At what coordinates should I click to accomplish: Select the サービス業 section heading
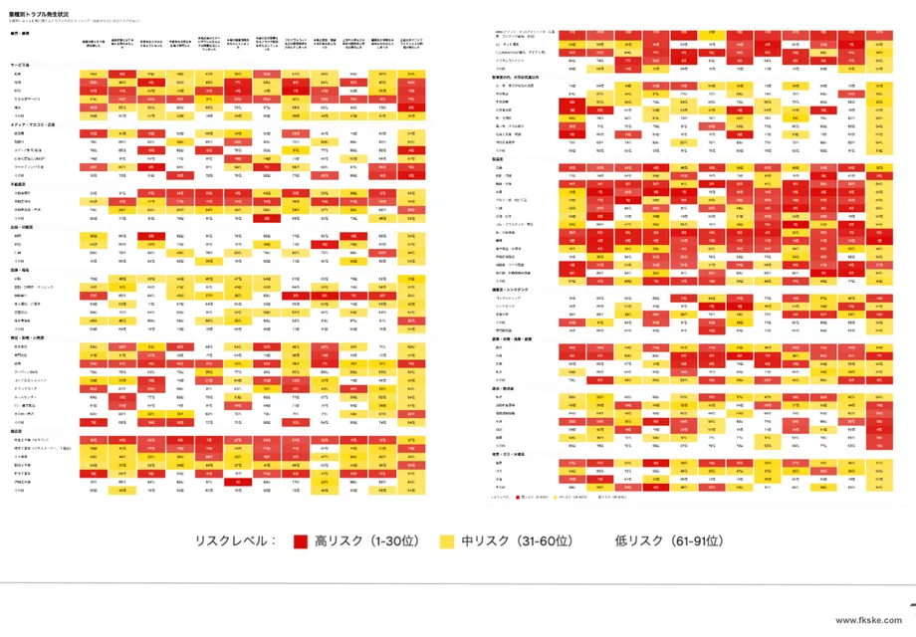click(20, 65)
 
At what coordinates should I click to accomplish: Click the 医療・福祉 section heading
click(21, 271)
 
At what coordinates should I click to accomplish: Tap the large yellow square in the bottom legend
click(446, 541)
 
